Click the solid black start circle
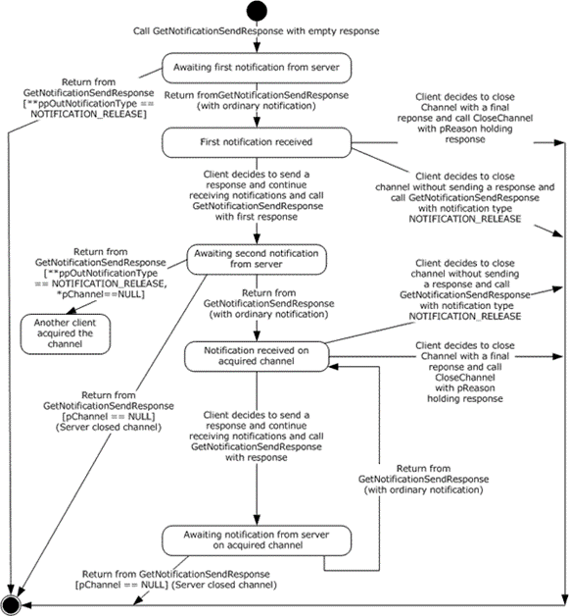point(257,11)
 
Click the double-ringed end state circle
point(11,605)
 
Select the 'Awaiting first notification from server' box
point(257,68)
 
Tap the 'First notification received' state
point(257,142)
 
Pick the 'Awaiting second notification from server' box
point(257,259)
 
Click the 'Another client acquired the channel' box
point(65,334)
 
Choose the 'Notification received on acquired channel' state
point(257,356)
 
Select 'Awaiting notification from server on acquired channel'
point(257,540)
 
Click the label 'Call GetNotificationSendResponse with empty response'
point(256,31)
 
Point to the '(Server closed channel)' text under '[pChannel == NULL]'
point(109,427)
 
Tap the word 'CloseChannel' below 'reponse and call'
point(465,378)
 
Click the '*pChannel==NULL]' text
point(101,294)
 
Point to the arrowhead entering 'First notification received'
point(257,123)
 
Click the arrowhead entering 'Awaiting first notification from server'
point(257,47)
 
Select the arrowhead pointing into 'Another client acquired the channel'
point(71,310)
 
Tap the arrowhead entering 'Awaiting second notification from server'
point(257,239)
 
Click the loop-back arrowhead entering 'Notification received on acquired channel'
point(334,367)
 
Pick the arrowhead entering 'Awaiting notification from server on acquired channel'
point(257,520)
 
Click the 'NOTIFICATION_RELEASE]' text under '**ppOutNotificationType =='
point(88,115)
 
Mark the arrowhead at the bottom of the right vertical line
point(565,600)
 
